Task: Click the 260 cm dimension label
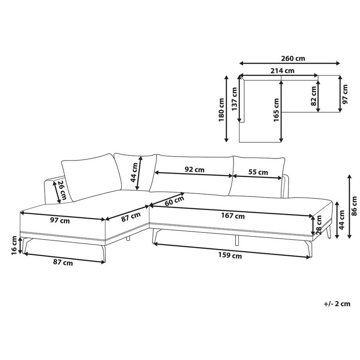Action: [x=293, y=59]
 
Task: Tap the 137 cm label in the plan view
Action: [x=234, y=99]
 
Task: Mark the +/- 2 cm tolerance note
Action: [x=337, y=303]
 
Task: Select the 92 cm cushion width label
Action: [x=194, y=170]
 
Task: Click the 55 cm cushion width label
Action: [x=258, y=172]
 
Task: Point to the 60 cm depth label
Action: [x=174, y=201]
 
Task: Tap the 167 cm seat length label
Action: [x=233, y=215]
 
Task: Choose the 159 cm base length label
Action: [x=229, y=256]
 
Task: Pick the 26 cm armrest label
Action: [x=61, y=191]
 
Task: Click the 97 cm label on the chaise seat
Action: [x=60, y=220]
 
